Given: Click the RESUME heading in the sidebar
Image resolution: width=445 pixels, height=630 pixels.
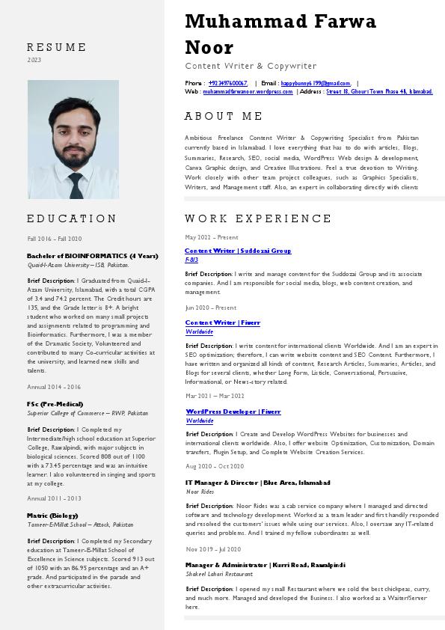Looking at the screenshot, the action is click(x=57, y=47).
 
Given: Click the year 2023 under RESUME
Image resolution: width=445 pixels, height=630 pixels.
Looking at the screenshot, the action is click(x=34, y=60).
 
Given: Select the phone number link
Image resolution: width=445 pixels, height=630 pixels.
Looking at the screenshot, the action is click(x=228, y=83).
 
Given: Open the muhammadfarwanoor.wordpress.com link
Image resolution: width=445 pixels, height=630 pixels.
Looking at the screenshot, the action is click(x=248, y=91).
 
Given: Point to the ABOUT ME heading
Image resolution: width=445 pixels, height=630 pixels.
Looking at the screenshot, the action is click(x=224, y=116).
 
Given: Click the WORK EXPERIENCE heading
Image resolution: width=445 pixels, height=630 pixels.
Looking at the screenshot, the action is click(x=258, y=218).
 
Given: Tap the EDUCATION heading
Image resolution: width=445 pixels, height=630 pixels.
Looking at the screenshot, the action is click(x=72, y=218).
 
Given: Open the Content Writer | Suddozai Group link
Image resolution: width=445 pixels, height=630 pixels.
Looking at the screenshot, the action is click(x=238, y=251).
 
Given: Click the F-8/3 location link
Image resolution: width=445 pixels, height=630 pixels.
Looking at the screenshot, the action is click(x=191, y=259).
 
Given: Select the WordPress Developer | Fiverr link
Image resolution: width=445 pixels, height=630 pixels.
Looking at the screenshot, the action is click(x=233, y=412).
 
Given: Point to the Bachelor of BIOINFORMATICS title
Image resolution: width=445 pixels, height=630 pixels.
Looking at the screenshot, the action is click(x=92, y=256).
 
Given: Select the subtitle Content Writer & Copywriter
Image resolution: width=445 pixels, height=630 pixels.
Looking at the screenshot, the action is click(x=251, y=66).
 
